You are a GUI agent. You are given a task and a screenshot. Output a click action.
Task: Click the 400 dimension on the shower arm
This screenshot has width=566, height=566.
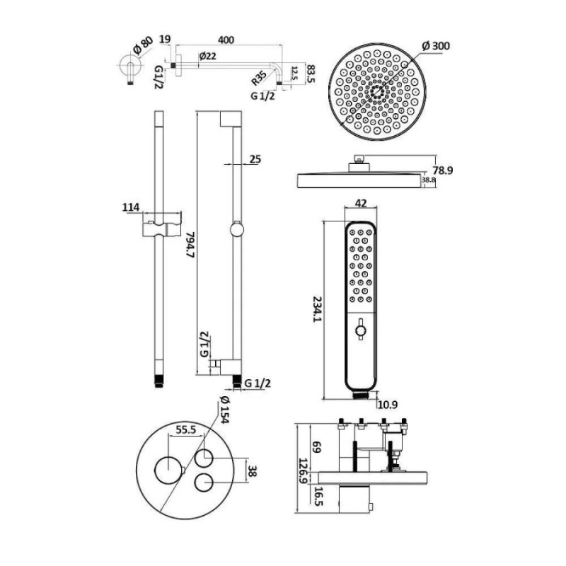click(226, 40)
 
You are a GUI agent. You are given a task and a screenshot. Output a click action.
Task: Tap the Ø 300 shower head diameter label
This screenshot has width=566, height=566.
click(436, 46)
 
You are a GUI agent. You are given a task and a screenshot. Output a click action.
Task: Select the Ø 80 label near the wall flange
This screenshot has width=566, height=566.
click(143, 45)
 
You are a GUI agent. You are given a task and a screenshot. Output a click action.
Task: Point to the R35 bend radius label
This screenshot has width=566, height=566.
click(259, 79)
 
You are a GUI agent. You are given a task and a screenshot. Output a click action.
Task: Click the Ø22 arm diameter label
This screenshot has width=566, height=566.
click(207, 56)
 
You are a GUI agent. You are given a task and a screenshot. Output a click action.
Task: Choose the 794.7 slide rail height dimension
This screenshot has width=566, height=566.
click(190, 244)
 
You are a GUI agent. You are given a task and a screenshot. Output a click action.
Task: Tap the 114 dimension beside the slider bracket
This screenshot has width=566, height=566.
click(131, 207)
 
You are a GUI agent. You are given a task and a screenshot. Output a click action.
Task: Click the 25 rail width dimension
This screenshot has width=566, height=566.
click(255, 158)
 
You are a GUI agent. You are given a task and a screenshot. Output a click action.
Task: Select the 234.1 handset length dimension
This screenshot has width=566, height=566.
click(316, 309)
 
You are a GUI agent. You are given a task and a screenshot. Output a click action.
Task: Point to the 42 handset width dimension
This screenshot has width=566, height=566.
click(361, 203)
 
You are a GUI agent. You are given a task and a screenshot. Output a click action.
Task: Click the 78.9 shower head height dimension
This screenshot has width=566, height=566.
click(443, 170)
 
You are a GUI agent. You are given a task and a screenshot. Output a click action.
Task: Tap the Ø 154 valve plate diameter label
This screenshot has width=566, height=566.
click(224, 410)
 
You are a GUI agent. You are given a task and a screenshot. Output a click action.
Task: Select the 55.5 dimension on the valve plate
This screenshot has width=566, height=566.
click(185, 430)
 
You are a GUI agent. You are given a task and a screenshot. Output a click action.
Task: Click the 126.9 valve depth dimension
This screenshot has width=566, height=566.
click(303, 472)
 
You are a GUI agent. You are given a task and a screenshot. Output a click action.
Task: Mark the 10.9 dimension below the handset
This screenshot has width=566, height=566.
click(387, 405)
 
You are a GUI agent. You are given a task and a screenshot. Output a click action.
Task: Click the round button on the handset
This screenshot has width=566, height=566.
click(360, 330)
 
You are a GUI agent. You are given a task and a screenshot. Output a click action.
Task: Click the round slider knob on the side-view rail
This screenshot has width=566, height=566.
click(237, 230)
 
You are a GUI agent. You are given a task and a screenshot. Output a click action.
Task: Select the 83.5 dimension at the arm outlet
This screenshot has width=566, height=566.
click(310, 74)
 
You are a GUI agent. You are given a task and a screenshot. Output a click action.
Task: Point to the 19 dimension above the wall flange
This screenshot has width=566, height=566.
click(165, 39)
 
